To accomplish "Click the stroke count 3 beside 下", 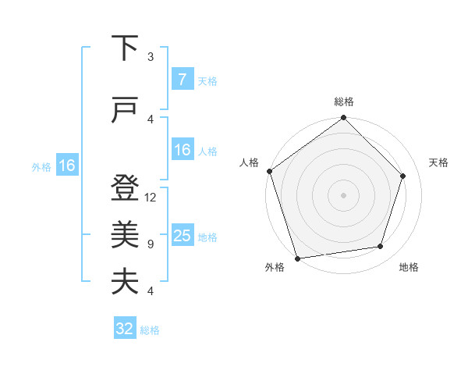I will (x=151, y=57).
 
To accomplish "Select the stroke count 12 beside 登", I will (x=151, y=198).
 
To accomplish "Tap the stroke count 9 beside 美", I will (x=151, y=244).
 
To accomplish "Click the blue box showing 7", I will (x=182, y=80).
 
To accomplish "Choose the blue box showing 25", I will (x=182, y=236).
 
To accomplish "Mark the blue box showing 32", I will (x=125, y=329).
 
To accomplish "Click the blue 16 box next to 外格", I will (x=66, y=166).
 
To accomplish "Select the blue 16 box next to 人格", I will (x=182, y=150).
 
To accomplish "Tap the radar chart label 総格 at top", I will (x=344, y=102).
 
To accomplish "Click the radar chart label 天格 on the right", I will (x=438, y=162).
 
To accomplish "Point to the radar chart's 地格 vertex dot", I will (x=381, y=247).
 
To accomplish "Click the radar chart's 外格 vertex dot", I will (x=297, y=258).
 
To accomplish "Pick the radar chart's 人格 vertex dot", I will (x=269, y=171).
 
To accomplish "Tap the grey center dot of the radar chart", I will (x=343, y=194).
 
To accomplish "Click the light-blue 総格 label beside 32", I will (x=150, y=330).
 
